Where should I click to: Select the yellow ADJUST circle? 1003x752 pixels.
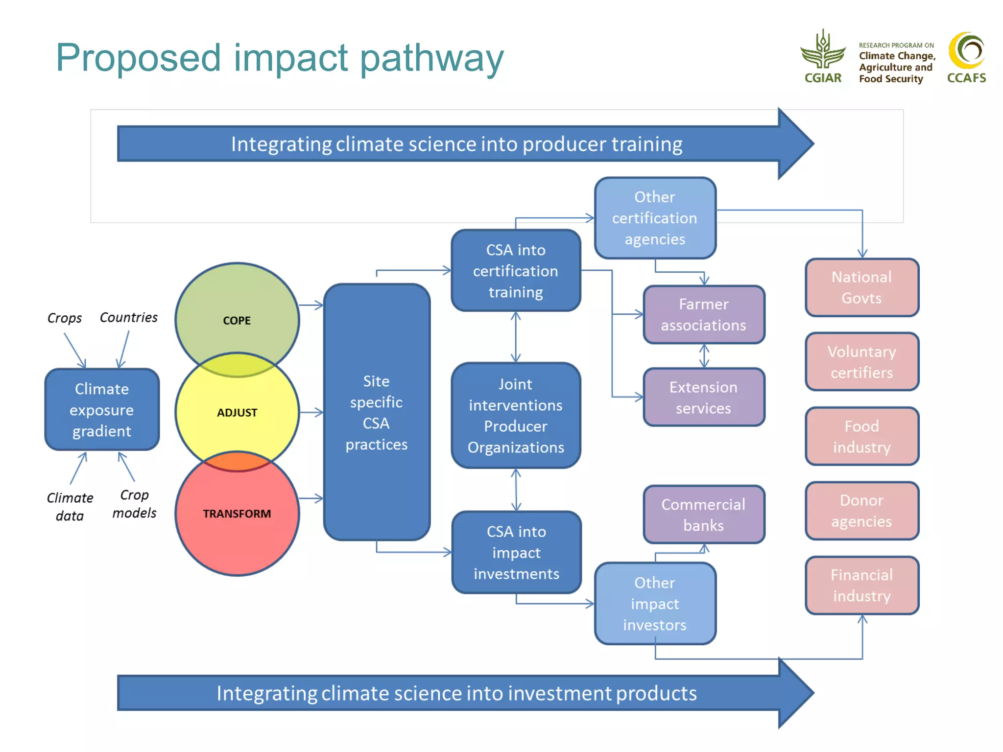pyautogui.click(x=237, y=413)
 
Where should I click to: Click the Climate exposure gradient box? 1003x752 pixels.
pyautogui.click(x=102, y=410)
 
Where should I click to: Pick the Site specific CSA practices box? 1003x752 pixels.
pyautogui.click(x=377, y=412)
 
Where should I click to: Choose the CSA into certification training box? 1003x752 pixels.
pyautogui.click(x=516, y=271)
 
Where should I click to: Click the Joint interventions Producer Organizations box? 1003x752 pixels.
pyautogui.click(x=516, y=416)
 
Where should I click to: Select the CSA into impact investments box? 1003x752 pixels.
pyautogui.click(x=516, y=552)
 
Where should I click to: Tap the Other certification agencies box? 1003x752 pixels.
pyautogui.click(x=655, y=218)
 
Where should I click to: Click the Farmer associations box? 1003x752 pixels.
pyautogui.click(x=704, y=315)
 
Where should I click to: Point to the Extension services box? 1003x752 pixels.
pyautogui.click(x=704, y=397)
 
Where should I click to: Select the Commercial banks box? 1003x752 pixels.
pyautogui.click(x=704, y=515)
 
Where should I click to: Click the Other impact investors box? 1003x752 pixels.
pyautogui.click(x=655, y=604)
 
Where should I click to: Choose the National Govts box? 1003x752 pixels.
pyautogui.click(x=862, y=287)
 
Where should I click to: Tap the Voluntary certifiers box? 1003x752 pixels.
pyautogui.click(x=862, y=362)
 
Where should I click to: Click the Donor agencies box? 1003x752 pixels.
pyautogui.click(x=862, y=511)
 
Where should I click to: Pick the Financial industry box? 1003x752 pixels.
pyautogui.click(x=862, y=585)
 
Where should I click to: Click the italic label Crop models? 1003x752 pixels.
pyautogui.click(x=134, y=504)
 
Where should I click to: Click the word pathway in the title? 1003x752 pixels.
pyautogui.click(x=431, y=59)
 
